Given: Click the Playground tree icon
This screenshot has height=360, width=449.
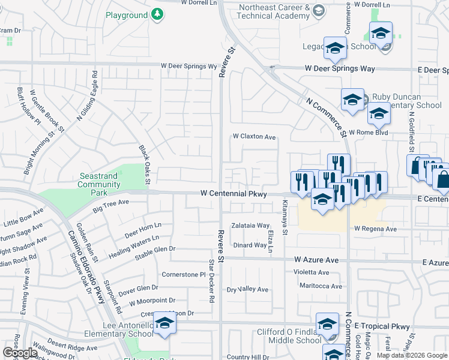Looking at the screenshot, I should (157, 14).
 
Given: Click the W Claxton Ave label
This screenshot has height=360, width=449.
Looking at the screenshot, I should (255, 137).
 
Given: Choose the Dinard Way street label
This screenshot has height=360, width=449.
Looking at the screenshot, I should (250, 245).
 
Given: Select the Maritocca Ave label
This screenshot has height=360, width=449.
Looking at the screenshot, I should (321, 286).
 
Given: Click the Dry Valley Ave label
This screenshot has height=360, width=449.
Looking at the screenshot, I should (247, 289).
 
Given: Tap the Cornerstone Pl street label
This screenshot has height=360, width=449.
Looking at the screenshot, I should (184, 274).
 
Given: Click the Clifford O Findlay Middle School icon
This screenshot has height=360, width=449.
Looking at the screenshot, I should (327, 325).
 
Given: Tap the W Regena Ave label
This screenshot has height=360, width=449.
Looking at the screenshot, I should (375, 229).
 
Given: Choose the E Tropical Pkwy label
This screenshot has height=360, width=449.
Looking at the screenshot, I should (382, 326).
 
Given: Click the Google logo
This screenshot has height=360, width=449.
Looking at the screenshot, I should (20, 352).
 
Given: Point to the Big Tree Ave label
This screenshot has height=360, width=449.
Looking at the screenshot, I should (111, 206).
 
